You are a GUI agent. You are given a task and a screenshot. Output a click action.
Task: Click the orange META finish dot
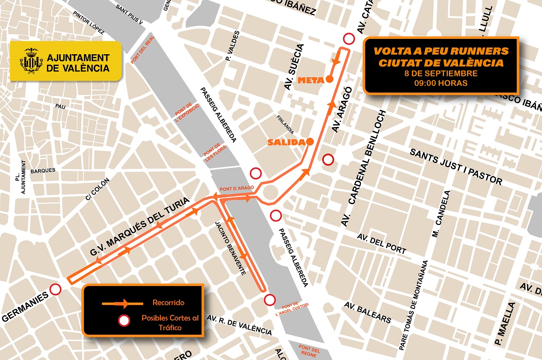click(x=330, y=79)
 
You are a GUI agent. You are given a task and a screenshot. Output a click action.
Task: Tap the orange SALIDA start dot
click(x=310, y=142)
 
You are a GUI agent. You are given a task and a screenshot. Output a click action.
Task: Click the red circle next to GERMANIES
click(x=56, y=290)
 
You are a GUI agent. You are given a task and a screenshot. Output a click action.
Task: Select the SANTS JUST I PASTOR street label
click(x=456, y=166)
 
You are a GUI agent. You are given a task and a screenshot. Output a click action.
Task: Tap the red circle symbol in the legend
click(x=124, y=321)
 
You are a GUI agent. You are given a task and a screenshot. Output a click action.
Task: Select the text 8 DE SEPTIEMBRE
click(x=441, y=73)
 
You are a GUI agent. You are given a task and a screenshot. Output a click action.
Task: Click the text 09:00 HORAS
click(x=441, y=83)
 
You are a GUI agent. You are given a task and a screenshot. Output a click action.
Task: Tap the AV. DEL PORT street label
click(x=382, y=243)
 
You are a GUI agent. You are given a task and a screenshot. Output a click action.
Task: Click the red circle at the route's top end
click(x=348, y=38)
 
